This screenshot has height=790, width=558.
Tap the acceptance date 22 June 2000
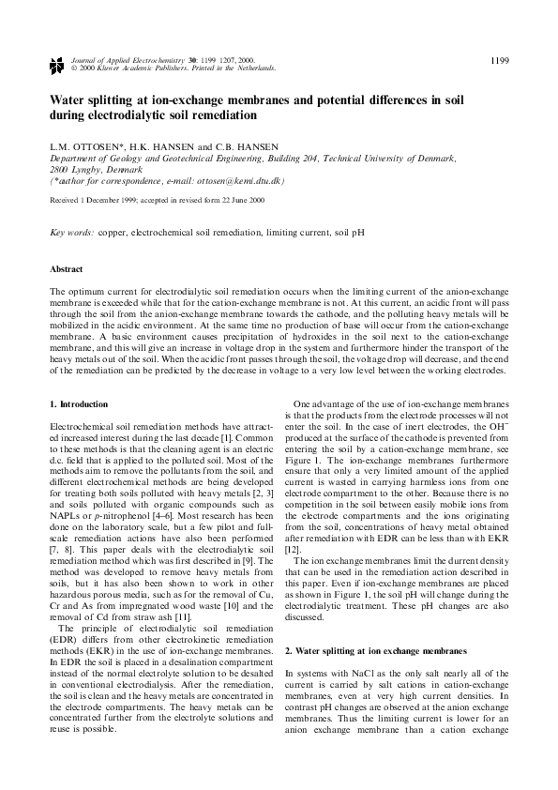coord(241,201)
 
